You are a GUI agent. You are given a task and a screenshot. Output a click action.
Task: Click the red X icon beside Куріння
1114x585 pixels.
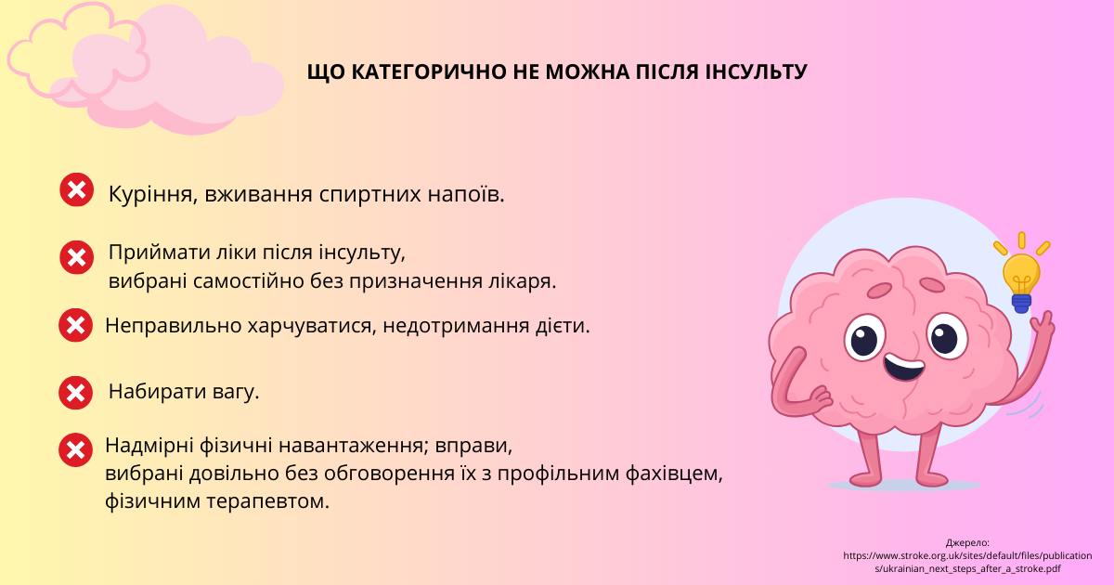pyautogui.click(x=76, y=189)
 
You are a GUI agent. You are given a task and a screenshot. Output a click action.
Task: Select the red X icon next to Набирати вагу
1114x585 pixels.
pyautogui.click(x=75, y=393)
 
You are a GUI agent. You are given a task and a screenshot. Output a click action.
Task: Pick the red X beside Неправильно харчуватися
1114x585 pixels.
pyautogui.click(x=75, y=325)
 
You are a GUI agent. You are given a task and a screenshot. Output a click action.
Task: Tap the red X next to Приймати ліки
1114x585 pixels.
pyautogui.click(x=76, y=257)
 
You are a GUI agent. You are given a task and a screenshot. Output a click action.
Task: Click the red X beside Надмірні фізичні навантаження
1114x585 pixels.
pyautogui.click(x=75, y=449)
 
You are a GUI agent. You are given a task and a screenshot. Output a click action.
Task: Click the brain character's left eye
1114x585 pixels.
pyautogui.click(x=865, y=338)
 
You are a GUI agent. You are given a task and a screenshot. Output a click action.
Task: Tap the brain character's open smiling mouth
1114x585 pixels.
pyautogui.click(x=904, y=366)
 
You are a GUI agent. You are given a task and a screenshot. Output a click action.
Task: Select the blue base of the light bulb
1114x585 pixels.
pyautogui.click(x=1021, y=304)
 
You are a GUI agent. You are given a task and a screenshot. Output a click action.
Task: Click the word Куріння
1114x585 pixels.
pyautogui.click(x=150, y=194)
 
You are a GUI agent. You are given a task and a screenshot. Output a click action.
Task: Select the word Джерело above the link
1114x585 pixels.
pyautogui.click(x=967, y=542)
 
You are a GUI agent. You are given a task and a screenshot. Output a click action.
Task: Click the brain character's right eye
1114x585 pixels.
pyautogui.click(x=948, y=336)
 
